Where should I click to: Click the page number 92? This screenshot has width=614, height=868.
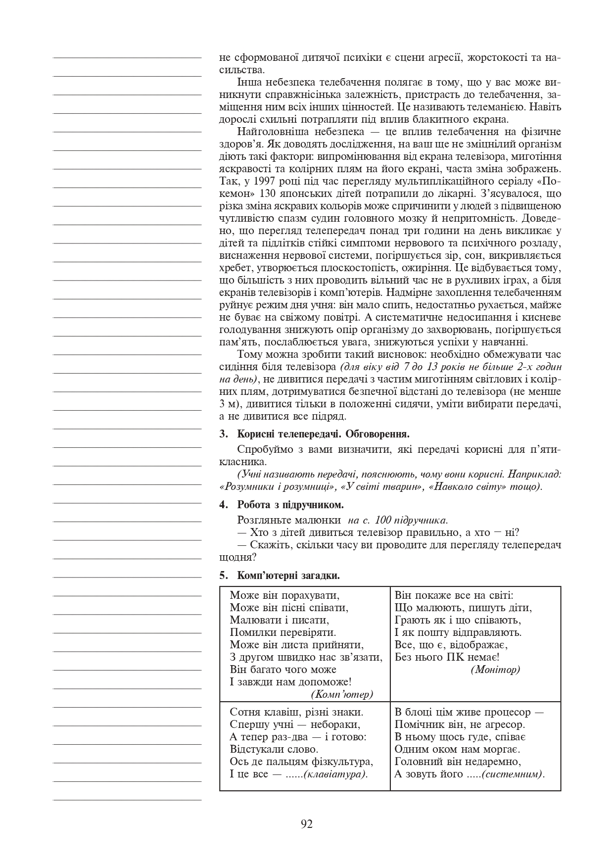[x=306, y=824]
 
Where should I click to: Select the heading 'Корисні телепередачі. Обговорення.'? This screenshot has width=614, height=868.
[x=324, y=434]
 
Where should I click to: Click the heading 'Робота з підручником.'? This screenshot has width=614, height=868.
[x=290, y=505]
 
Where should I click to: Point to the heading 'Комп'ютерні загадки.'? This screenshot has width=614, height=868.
[x=288, y=576]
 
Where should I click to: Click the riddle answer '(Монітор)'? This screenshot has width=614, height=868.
[x=495, y=670]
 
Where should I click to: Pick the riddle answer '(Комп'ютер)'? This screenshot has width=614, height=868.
[x=342, y=694]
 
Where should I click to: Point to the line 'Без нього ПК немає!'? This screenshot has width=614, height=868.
[x=447, y=657]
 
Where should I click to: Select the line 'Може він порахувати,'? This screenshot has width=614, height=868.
[x=285, y=595]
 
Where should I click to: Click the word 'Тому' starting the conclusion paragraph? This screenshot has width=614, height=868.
[x=249, y=354]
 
